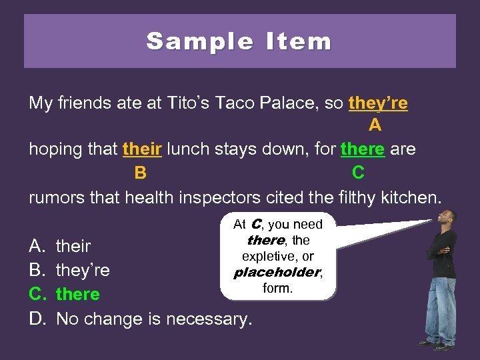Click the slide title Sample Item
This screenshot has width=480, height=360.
tap(239, 41)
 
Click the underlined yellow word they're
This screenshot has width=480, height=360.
tap(378, 104)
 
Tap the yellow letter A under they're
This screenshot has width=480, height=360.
tap(375, 125)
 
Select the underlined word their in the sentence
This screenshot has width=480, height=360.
tap(142, 149)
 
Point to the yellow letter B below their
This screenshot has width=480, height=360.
tap(140, 173)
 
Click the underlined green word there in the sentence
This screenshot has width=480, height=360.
tap(363, 149)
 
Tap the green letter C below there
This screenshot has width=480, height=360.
tap(358, 173)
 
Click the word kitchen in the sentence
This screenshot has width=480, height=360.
tap(406, 197)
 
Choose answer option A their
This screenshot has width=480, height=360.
tap(73, 246)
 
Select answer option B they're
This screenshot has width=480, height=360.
tap(83, 270)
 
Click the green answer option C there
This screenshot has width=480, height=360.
tap(77, 294)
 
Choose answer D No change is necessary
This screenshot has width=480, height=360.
tap(154, 319)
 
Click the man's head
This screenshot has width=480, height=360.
tap(448, 217)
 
